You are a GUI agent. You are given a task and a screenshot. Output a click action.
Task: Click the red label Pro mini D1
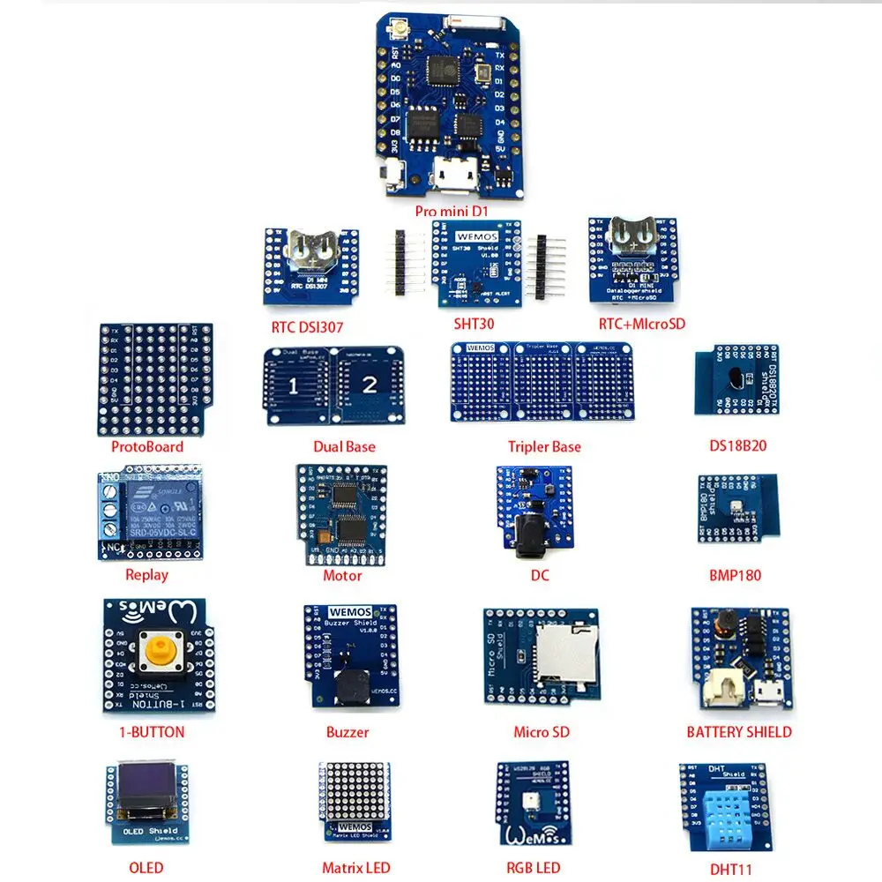click(x=452, y=212)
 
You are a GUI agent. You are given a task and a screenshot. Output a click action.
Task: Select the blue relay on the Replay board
click(x=160, y=512)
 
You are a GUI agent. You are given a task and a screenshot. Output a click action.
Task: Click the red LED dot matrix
click(x=353, y=791)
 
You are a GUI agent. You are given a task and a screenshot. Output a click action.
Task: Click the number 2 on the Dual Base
click(x=369, y=385)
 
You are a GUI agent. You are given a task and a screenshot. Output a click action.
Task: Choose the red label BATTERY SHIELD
click(x=739, y=732)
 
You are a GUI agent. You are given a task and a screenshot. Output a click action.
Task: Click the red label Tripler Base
click(x=544, y=446)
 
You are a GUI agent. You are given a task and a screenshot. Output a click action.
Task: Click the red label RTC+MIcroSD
click(x=641, y=324)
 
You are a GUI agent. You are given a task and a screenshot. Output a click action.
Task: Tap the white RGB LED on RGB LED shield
click(x=533, y=799)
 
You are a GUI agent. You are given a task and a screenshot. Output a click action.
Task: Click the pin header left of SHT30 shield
click(x=402, y=260)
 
